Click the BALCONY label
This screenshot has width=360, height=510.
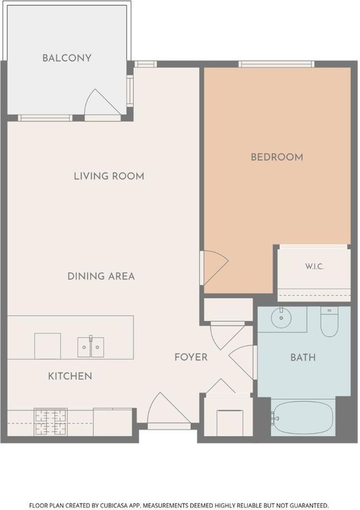(x=67, y=58)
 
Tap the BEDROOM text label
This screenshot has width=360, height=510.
(x=277, y=157)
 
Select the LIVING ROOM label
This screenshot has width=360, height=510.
(x=109, y=176)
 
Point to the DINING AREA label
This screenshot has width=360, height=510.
(x=101, y=276)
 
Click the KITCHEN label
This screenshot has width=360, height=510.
(x=70, y=376)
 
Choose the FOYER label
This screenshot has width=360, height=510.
(x=191, y=357)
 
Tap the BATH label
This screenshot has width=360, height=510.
(x=303, y=358)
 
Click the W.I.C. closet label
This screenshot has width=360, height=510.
(x=315, y=266)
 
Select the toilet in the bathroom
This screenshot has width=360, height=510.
(x=329, y=322)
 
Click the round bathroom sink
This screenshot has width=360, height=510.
(x=281, y=317)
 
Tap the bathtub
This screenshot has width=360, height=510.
(x=303, y=418)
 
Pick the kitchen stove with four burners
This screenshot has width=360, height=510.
(x=51, y=422)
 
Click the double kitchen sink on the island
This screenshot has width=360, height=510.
(x=90, y=347)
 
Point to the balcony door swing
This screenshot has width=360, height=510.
(x=102, y=102)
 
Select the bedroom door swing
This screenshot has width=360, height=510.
(x=215, y=268)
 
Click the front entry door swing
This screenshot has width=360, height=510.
(x=169, y=408)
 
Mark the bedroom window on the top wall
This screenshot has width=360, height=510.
(x=277, y=64)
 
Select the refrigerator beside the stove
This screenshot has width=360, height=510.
(x=113, y=422)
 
